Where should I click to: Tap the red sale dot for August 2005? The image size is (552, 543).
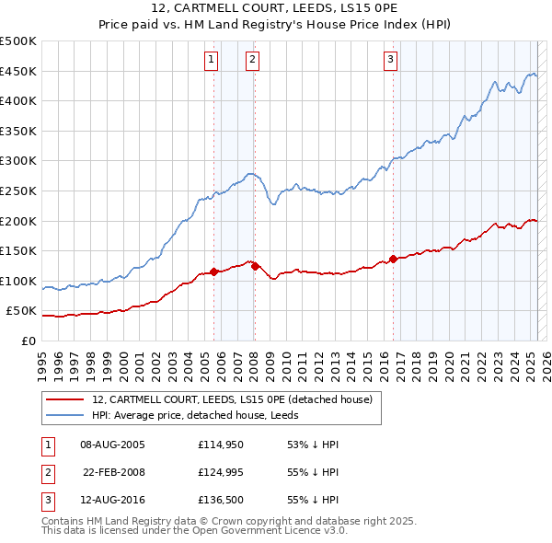214,271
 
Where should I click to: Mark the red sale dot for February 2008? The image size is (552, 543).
255,266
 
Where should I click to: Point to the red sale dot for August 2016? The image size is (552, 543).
393,259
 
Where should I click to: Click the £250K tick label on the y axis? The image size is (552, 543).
18,191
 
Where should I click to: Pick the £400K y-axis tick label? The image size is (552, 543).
18,100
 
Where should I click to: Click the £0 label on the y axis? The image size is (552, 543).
28,341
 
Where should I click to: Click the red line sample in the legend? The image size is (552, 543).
65,399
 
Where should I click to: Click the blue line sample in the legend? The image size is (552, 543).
65,415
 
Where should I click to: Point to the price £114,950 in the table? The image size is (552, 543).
219,445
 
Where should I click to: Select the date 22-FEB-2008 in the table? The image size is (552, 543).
114,473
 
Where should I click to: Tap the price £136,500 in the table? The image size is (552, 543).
219,502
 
